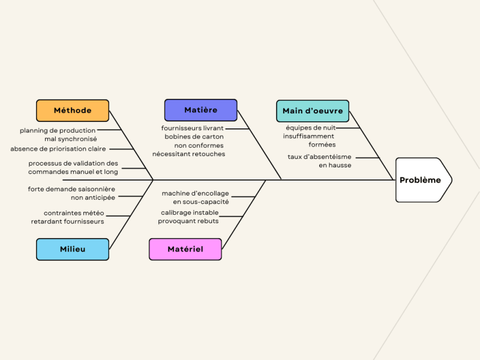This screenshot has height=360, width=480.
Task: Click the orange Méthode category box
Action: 73,110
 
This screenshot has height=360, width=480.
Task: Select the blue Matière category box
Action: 200,110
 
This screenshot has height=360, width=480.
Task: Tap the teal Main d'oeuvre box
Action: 313,111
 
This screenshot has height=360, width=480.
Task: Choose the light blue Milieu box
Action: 73,249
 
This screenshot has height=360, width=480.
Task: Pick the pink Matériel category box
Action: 185,249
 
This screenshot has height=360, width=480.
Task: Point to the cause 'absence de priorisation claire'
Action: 58,149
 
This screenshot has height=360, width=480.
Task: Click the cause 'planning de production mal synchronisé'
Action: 58,134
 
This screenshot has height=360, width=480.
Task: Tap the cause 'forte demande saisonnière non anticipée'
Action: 71,193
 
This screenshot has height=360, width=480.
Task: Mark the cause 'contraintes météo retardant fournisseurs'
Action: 68,217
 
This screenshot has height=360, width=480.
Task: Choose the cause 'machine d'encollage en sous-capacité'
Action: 195,197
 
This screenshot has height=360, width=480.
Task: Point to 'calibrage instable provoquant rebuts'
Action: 189,217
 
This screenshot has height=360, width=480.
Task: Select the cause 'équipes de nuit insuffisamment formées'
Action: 310,136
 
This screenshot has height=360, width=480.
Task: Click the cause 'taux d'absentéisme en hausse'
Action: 320,161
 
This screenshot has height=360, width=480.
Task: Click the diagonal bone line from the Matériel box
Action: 244,214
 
